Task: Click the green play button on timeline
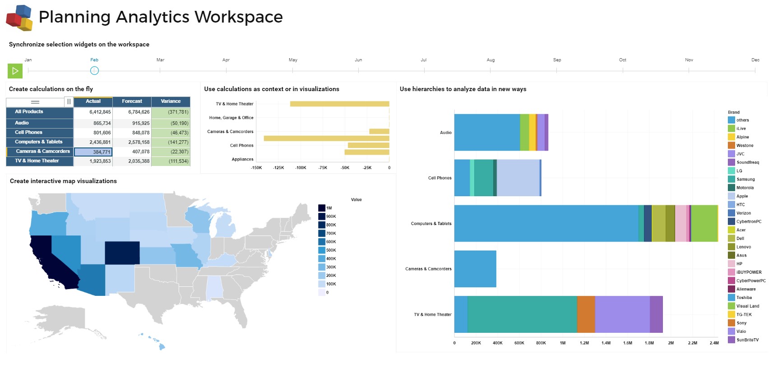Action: (x=15, y=71)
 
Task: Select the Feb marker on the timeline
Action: (x=94, y=70)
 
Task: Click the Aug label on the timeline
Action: (x=491, y=60)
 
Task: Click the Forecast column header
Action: (x=132, y=101)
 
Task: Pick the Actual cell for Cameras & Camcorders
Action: (x=93, y=152)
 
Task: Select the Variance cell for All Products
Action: (x=171, y=112)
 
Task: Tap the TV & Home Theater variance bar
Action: (x=339, y=104)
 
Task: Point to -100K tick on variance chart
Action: (x=301, y=168)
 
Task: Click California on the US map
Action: (x=50, y=262)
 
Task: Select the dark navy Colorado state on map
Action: (x=122, y=253)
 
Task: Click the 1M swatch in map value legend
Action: (x=322, y=208)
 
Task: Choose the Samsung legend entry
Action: (x=745, y=179)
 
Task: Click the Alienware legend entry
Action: (x=745, y=289)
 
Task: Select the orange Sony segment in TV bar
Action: (x=586, y=314)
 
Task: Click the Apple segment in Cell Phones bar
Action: (x=518, y=178)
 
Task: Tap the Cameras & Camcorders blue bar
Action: (x=475, y=269)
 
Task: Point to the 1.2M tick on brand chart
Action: (x=584, y=343)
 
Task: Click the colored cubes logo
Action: (x=19, y=18)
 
